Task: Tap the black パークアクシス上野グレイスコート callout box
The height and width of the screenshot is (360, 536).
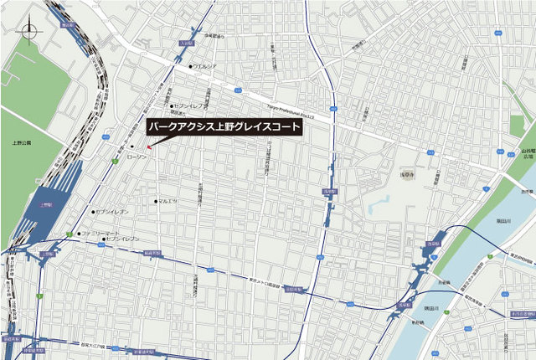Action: (224, 128)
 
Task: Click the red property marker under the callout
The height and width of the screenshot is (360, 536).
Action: (149, 147)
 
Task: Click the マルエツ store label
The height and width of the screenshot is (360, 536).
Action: (167, 202)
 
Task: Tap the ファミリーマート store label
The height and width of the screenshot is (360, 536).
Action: (101, 233)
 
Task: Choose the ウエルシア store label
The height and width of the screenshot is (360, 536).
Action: (205, 65)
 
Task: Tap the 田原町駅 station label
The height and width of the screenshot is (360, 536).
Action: (293, 289)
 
